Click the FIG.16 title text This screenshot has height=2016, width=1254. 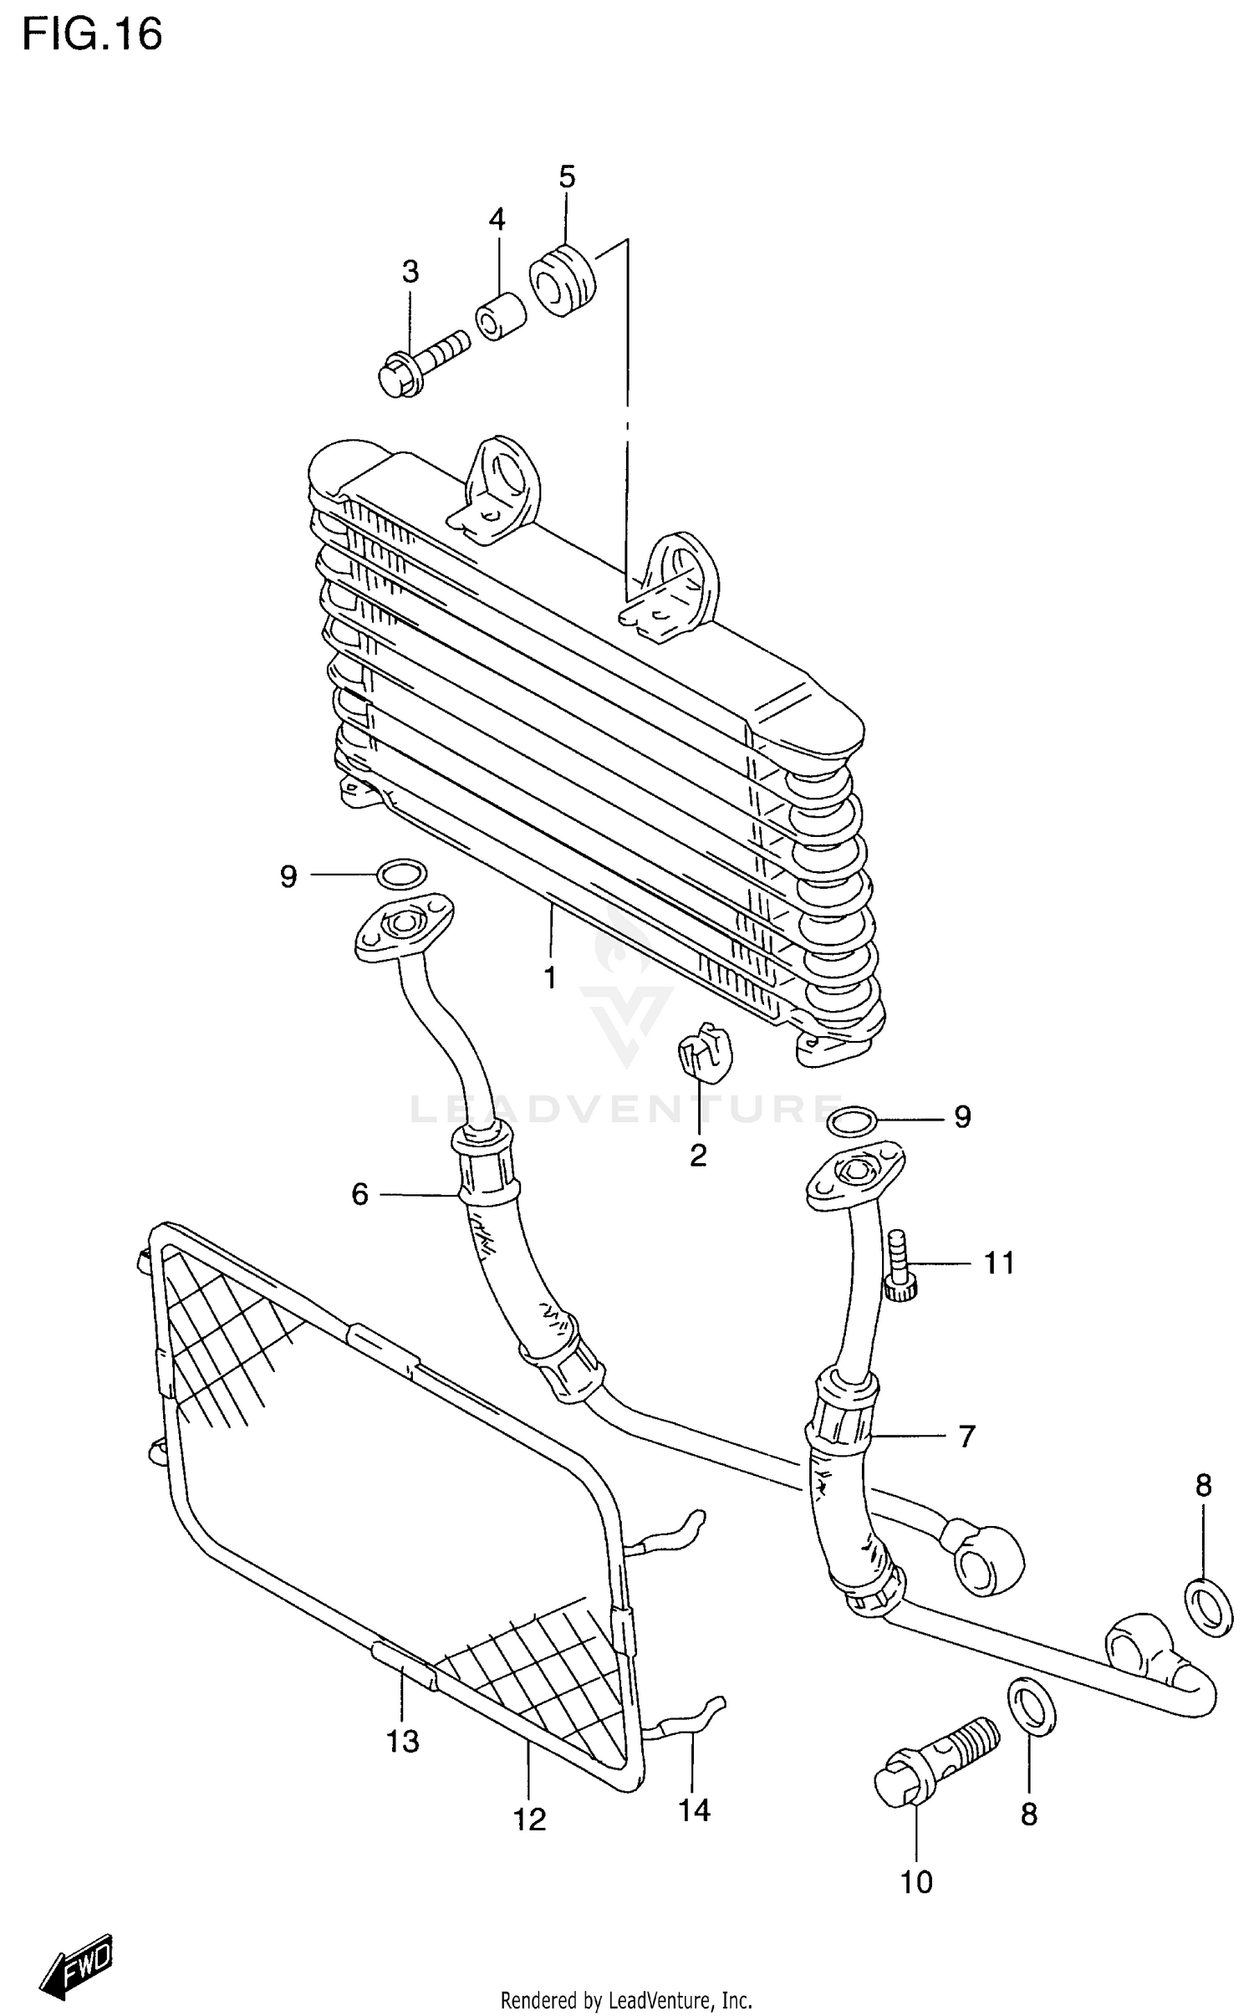[x=92, y=35]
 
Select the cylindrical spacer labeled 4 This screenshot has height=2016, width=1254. [x=500, y=316]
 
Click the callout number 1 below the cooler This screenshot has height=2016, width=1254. [x=550, y=977]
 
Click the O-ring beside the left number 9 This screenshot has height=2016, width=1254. [x=401, y=875]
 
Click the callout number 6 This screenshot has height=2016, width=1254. [x=359, y=1195]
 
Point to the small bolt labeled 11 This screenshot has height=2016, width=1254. [x=900, y=1267]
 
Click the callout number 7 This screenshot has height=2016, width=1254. [x=966, y=1437]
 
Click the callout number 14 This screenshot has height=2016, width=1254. [x=694, y=1810]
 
